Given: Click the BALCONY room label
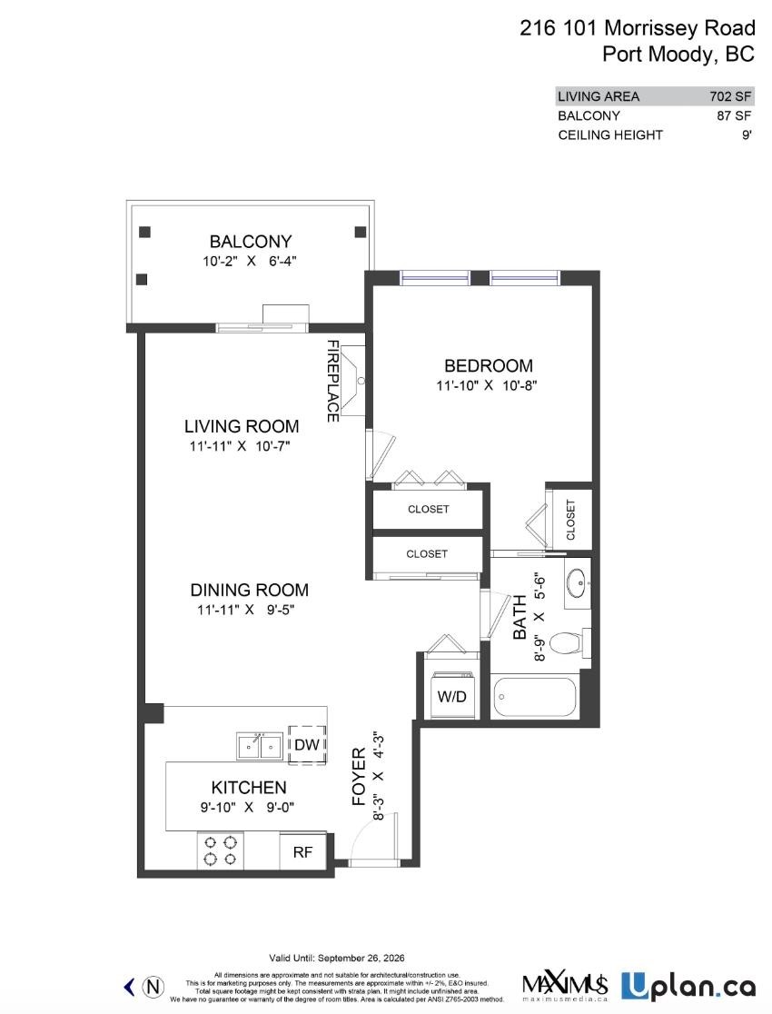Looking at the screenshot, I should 251,242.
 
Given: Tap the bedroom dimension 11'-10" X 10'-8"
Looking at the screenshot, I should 488,385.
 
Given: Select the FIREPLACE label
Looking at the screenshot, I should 333,381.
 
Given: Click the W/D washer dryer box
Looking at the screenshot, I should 451,697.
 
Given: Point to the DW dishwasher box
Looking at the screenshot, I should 305,745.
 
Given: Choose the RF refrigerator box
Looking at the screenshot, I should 302,853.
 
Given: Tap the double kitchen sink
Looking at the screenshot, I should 258,746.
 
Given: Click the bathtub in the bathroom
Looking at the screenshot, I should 535,699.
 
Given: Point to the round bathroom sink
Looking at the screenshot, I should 575,582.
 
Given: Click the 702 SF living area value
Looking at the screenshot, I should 730,96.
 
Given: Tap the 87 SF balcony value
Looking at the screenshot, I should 734,115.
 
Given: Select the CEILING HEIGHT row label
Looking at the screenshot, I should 609,134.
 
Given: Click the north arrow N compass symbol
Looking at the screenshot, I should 155,985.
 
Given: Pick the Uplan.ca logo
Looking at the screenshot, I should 688,985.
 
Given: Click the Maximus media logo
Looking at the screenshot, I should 564,985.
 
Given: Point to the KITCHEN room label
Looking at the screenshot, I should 249,788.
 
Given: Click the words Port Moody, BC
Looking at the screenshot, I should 678,54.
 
